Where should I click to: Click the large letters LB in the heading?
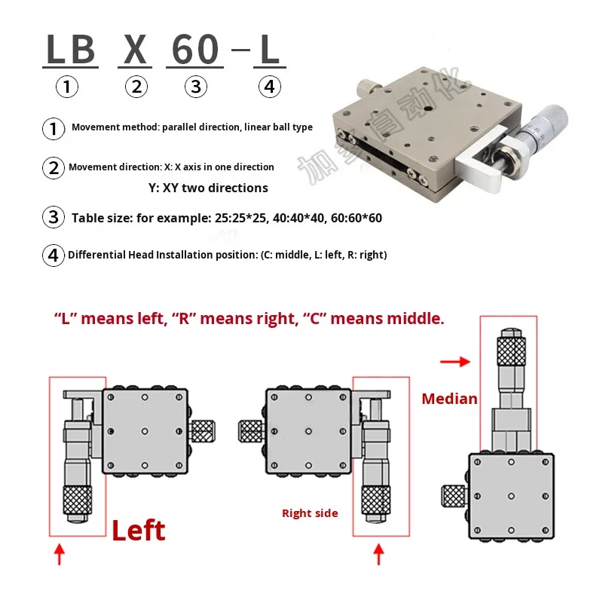[71, 50]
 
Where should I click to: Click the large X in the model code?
[136, 50]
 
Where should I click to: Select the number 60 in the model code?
[195, 50]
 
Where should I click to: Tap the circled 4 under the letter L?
[269, 87]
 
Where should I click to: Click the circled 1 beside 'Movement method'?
[53, 128]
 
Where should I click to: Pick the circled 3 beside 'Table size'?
[53, 219]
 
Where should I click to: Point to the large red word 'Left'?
[138, 531]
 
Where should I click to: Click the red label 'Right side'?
[310, 513]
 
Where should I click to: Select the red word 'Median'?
[449, 399]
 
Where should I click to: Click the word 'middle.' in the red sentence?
[415, 319]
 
